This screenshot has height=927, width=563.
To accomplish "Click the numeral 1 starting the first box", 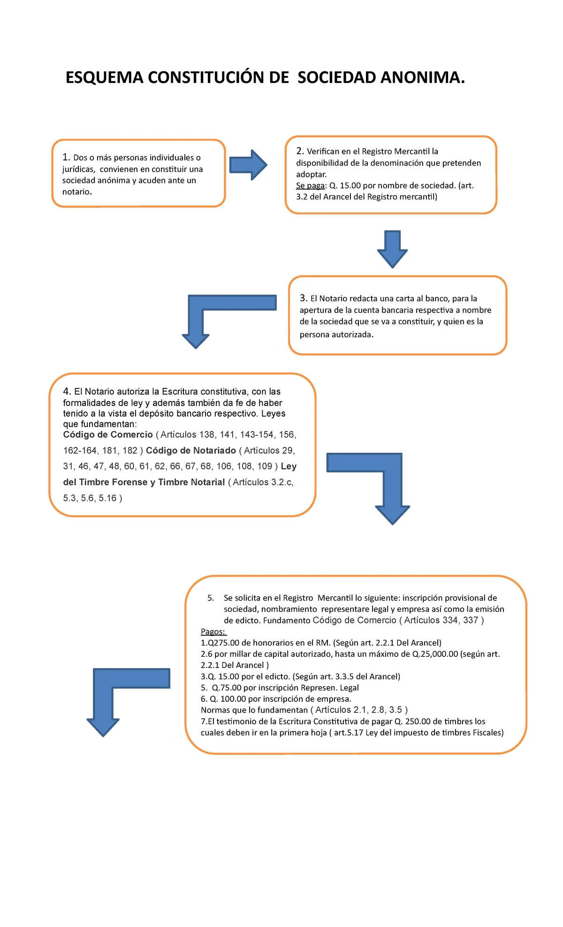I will (x=66, y=157).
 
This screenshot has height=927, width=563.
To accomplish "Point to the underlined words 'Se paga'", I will (x=311, y=185).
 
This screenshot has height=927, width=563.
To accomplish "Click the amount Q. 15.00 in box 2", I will (x=345, y=185).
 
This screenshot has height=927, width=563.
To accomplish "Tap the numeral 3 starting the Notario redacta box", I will (x=303, y=298).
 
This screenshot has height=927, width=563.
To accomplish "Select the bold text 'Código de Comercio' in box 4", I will (x=108, y=434).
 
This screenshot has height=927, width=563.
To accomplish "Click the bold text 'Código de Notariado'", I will (x=191, y=450).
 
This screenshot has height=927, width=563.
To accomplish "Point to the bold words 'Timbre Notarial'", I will (x=191, y=482).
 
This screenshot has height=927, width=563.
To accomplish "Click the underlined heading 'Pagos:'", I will (x=213, y=631).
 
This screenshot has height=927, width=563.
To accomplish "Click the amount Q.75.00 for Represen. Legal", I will (x=227, y=688).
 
